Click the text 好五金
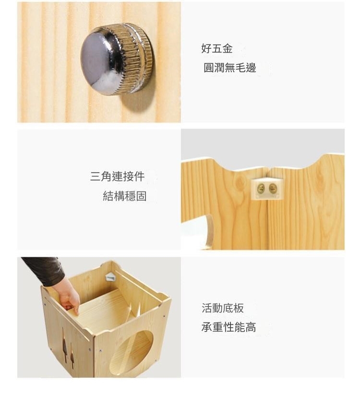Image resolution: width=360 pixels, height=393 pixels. pos(217,48)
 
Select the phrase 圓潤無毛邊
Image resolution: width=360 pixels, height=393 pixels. pos(229,68)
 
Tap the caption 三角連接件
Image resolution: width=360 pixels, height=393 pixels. pos(117,176)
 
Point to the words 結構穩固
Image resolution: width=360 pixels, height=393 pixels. pos(125,196)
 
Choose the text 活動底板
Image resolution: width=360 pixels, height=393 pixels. pos(223,308)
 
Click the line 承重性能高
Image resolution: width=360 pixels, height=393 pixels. pos(228,327)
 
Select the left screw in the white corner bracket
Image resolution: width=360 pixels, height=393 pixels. pos(261,188)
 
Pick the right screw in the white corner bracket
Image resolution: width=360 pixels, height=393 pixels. pos(273,188)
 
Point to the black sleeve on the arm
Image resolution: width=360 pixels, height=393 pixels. pos(44,270)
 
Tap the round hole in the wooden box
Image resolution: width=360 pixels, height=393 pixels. pos(131,349)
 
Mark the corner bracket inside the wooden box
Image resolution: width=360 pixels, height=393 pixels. pos(110,277)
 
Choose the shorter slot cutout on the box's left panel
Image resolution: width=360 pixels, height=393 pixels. pos(72,357)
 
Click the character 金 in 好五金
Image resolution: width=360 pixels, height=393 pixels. pos(228,48)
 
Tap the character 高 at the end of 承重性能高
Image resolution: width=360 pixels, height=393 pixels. pos(251,327)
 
